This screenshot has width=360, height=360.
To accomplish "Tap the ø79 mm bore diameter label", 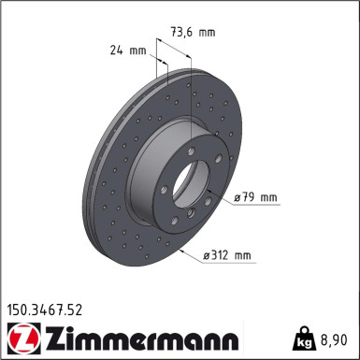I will point(256,198).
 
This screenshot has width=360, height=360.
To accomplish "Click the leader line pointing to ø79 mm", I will point(220,194).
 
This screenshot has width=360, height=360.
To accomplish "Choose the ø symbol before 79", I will point(238,198).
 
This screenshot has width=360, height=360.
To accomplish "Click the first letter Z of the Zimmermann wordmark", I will point(43,334).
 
